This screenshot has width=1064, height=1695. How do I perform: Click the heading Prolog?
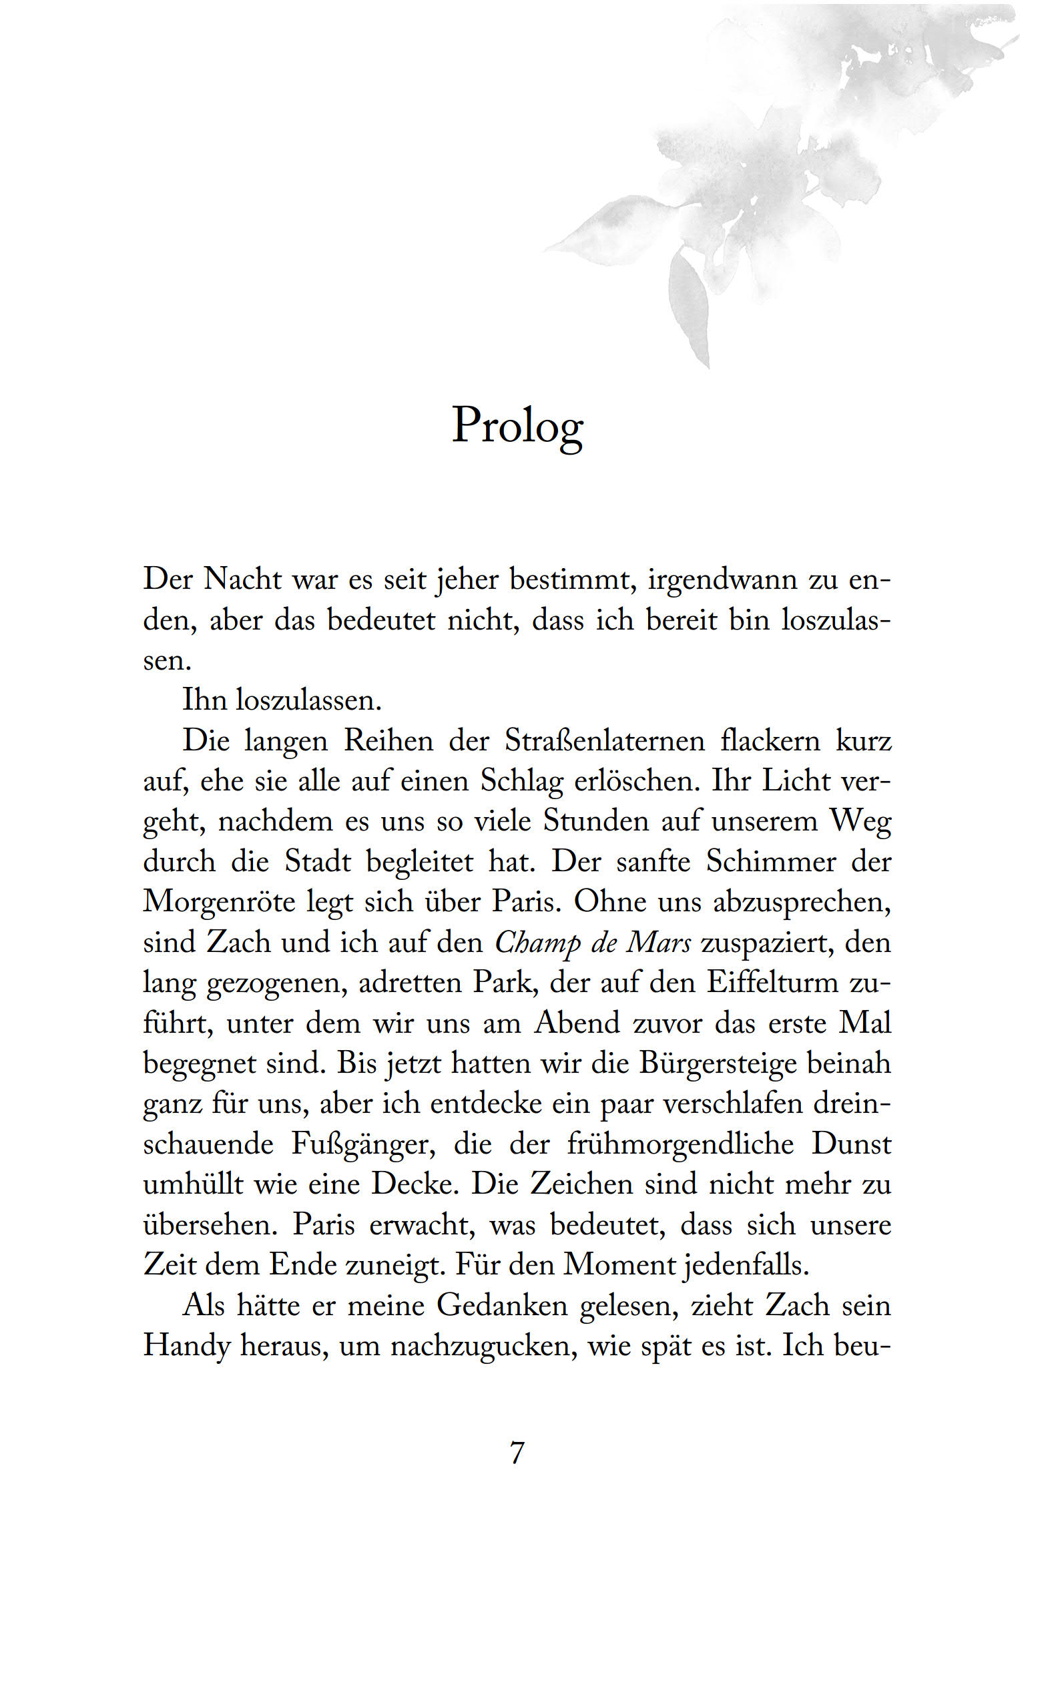(x=517, y=426)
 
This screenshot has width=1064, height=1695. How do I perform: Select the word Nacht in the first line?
(x=243, y=579)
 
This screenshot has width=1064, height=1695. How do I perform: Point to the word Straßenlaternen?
(x=605, y=740)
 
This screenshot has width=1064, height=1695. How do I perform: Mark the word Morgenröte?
(x=219, y=901)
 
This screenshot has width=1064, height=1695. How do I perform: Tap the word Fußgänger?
(x=363, y=1144)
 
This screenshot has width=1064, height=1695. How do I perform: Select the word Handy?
(x=186, y=1346)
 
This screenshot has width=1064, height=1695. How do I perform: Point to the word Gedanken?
(x=502, y=1305)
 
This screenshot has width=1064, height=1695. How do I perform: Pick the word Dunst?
(x=852, y=1144)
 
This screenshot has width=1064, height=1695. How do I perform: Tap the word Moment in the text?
(x=619, y=1265)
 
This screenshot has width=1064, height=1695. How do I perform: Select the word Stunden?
(x=595, y=821)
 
